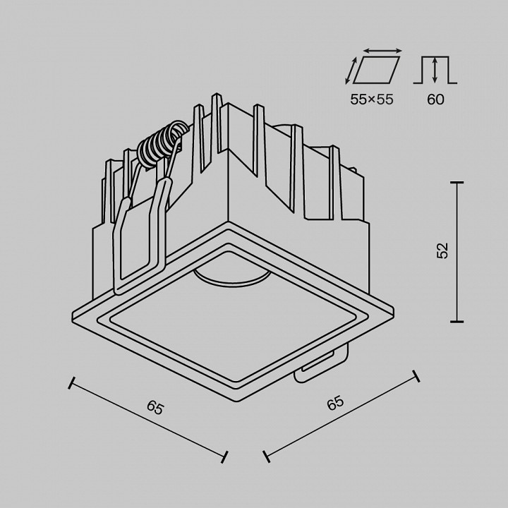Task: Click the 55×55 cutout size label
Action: tap(372, 99)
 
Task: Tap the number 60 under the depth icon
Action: tap(435, 99)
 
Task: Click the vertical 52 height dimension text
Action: tap(442, 250)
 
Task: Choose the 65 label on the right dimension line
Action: tap(334, 404)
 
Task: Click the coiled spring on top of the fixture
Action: tap(162, 143)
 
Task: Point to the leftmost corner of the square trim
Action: tap(73, 315)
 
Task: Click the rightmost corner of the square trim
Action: tap(392, 308)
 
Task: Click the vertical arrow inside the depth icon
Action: tap(435, 71)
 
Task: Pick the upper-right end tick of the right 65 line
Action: tap(416, 376)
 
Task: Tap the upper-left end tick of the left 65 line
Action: tap(71, 383)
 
